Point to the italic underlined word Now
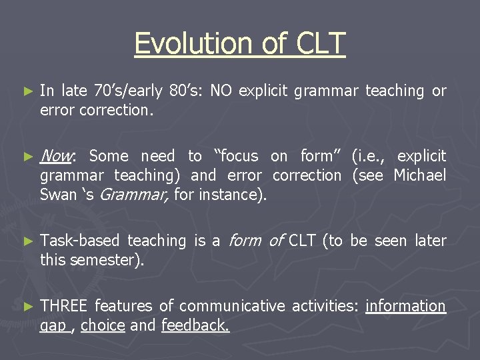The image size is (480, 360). (x=57, y=156)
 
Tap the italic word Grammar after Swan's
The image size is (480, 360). (x=129, y=195)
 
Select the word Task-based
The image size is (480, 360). (x=80, y=241)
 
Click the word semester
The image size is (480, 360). (x=107, y=260)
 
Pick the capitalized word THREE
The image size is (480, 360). (x=65, y=306)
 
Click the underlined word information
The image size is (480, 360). (x=405, y=306)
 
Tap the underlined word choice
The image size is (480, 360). (x=103, y=325)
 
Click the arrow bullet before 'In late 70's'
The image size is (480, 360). (x=27, y=91)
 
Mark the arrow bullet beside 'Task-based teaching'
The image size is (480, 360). (x=27, y=241)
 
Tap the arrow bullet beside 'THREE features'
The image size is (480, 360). (x=27, y=306)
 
